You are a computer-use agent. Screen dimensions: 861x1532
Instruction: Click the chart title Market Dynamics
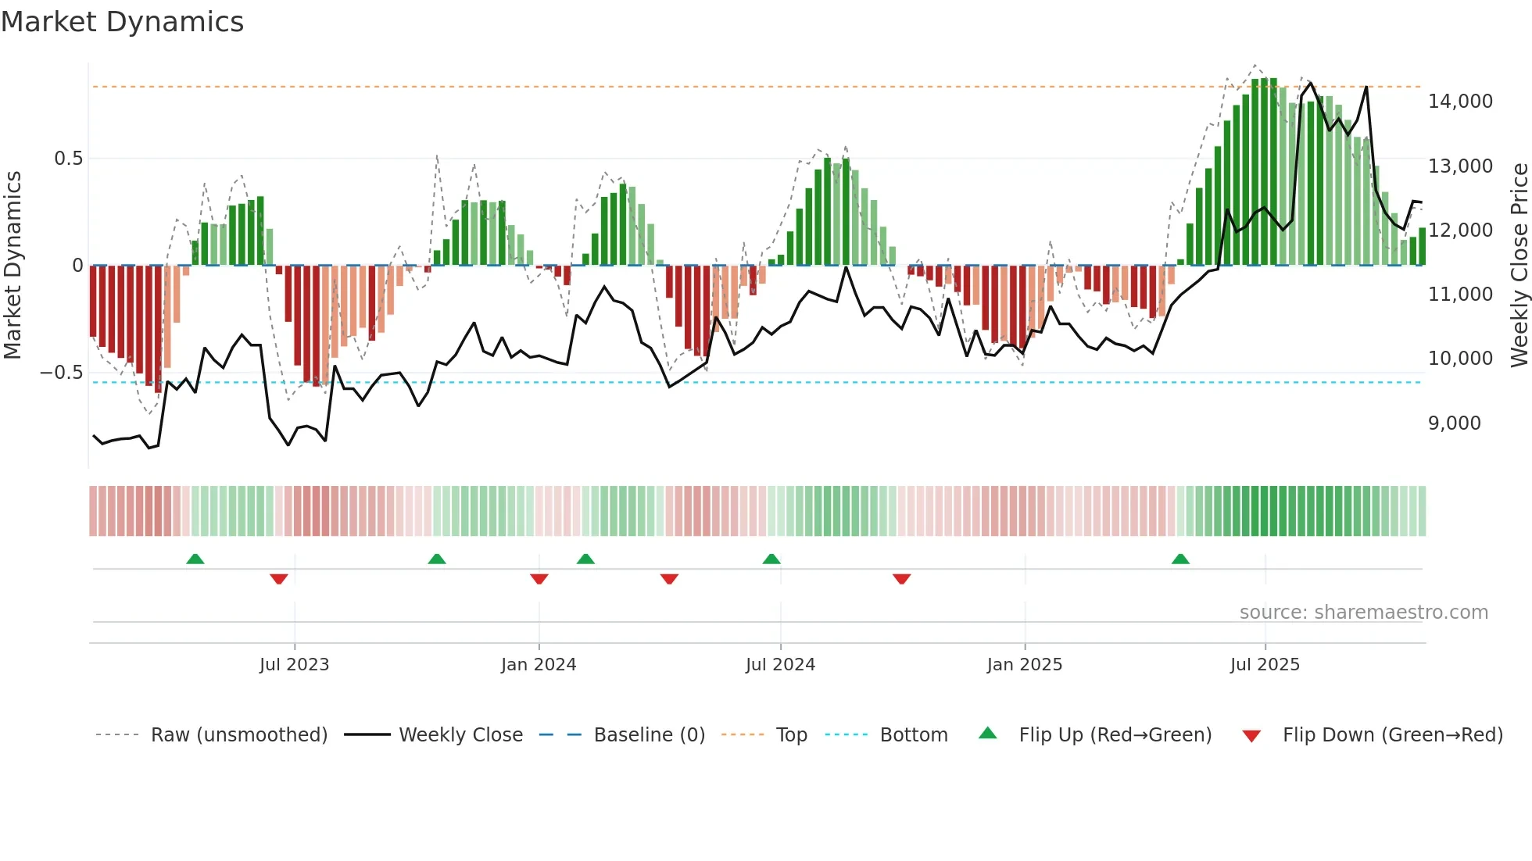[122, 22]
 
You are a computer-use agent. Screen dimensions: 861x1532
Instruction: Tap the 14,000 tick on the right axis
[1460, 102]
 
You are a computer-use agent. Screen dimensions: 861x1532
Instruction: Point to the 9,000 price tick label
[1454, 423]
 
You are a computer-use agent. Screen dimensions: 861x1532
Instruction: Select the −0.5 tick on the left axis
[61, 373]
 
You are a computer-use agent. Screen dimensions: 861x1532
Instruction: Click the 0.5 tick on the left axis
[68, 159]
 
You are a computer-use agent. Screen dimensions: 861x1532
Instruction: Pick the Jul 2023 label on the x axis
[294, 665]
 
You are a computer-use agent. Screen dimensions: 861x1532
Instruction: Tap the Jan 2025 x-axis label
[1024, 665]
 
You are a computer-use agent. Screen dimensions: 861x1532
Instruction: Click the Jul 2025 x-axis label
[1265, 665]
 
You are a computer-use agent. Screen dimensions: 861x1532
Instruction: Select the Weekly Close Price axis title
[1519, 265]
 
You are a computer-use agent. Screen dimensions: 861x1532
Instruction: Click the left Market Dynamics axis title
[13, 265]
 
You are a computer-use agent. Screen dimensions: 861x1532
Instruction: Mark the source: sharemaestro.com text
[1363, 613]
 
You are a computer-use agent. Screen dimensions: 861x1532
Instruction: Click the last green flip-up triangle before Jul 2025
[1180, 559]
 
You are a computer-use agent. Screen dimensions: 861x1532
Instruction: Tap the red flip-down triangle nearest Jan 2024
[539, 579]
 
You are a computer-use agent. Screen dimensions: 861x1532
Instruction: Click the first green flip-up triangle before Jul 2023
[195, 559]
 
